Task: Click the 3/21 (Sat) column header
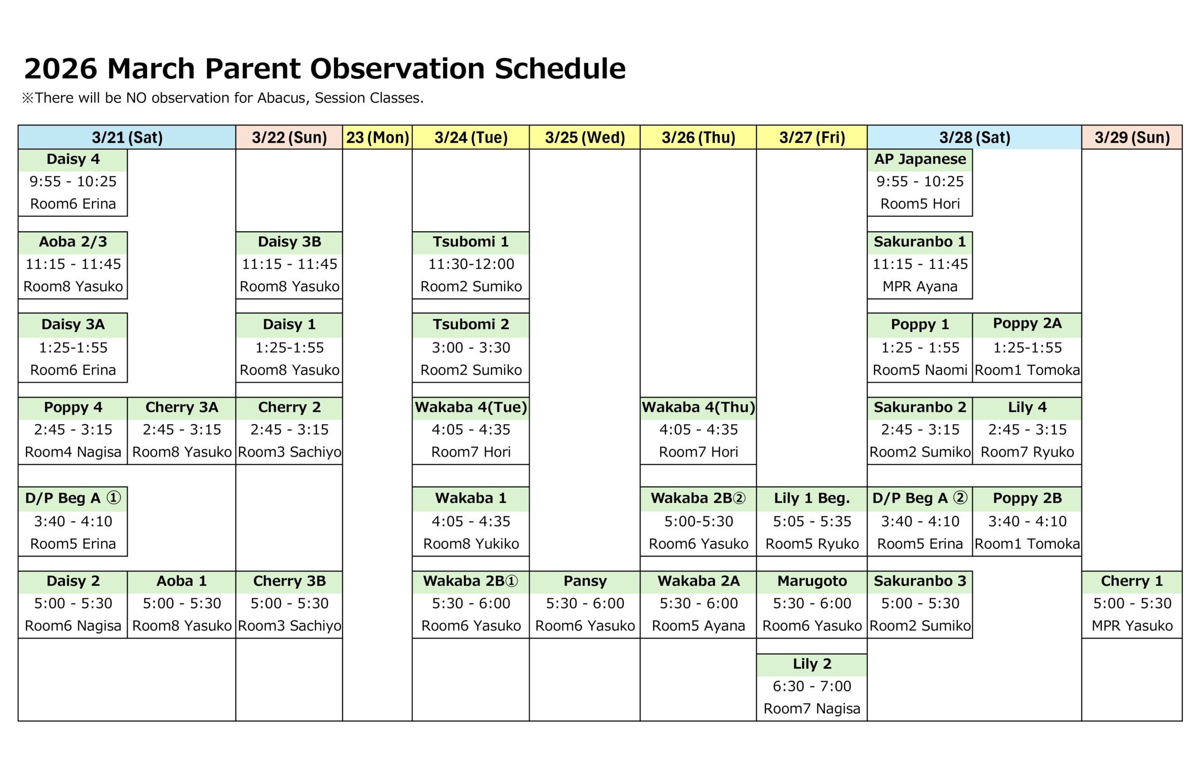(127, 137)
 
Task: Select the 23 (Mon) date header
(377, 137)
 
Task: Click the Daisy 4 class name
(73, 159)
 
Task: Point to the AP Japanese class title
(920, 159)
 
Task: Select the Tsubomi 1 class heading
(470, 242)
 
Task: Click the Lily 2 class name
(812, 663)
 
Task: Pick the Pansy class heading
(585, 581)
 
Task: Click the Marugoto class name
(812, 581)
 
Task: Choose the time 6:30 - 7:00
(812, 686)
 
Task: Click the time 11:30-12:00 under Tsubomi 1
(471, 264)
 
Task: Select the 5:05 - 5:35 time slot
(812, 521)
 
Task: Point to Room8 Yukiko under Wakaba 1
(471, 543)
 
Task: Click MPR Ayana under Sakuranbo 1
(920, 287)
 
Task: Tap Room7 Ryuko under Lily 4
(1027, 452)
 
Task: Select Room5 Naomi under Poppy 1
(920, 370)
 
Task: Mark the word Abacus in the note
(283, 98)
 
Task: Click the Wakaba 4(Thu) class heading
(698, 407)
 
